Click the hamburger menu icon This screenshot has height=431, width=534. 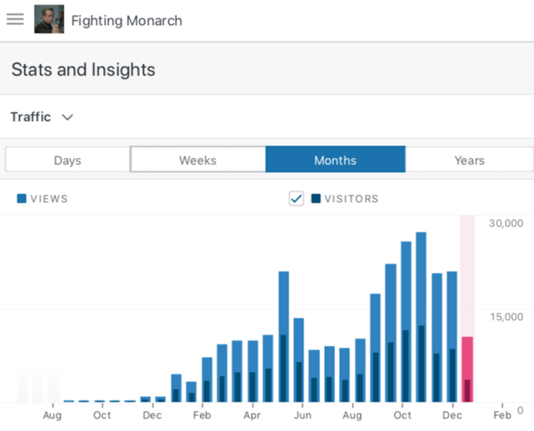15,19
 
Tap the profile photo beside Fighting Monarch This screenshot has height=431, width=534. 49,20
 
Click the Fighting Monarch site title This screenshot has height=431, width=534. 126,21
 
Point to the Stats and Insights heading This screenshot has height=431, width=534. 83,69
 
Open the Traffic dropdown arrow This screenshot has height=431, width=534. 68,118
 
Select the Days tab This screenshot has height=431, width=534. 67,160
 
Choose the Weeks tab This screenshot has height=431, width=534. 198,160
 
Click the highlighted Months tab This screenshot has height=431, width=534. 335,160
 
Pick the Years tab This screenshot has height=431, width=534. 469,160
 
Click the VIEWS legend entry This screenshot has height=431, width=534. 43,199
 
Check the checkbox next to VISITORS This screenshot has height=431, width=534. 296,199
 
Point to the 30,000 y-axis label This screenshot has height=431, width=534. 506,223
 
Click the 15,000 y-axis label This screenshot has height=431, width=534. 506,316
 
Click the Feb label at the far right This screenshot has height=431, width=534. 502,415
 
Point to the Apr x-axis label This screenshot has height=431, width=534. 252,415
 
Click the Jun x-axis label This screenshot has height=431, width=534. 303,415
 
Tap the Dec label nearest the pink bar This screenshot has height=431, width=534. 452,415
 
